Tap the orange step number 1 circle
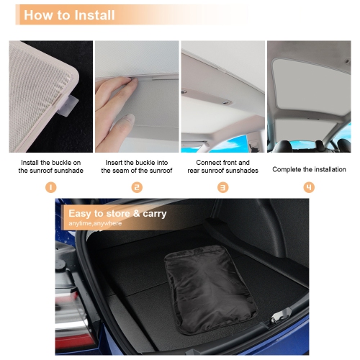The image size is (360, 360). tap(50, 187)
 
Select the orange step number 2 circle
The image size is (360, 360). tap(137, 187)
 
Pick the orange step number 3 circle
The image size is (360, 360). tap(222, 187)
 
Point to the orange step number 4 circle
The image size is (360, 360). tap(309, 187)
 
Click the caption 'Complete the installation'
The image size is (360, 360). tap(309, 170)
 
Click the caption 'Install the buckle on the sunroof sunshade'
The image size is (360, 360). tap(50, 167)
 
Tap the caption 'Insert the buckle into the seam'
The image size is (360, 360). tap(137, 167)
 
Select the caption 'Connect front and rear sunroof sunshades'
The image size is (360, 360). tap(222, 167)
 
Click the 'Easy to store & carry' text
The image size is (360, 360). tap(117, 213)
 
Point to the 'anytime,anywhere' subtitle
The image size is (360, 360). tap(95, 224)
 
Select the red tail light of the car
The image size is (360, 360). tap(76, 337)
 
